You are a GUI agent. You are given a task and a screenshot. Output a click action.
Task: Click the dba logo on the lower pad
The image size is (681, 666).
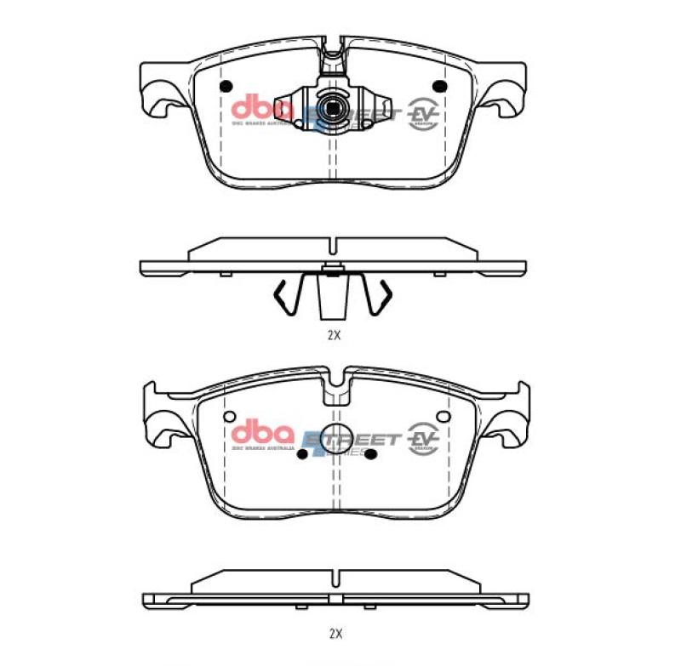(261, 432)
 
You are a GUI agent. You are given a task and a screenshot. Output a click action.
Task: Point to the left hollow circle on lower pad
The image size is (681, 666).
(229, 417)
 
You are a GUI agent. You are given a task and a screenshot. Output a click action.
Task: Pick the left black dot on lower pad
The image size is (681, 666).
(303, 454)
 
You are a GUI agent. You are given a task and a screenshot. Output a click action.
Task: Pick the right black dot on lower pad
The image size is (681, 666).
(370, 454)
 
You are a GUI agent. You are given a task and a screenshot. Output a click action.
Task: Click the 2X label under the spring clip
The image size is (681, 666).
(334, 335)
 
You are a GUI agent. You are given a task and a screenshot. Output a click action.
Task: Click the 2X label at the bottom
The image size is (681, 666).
(335, 634)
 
